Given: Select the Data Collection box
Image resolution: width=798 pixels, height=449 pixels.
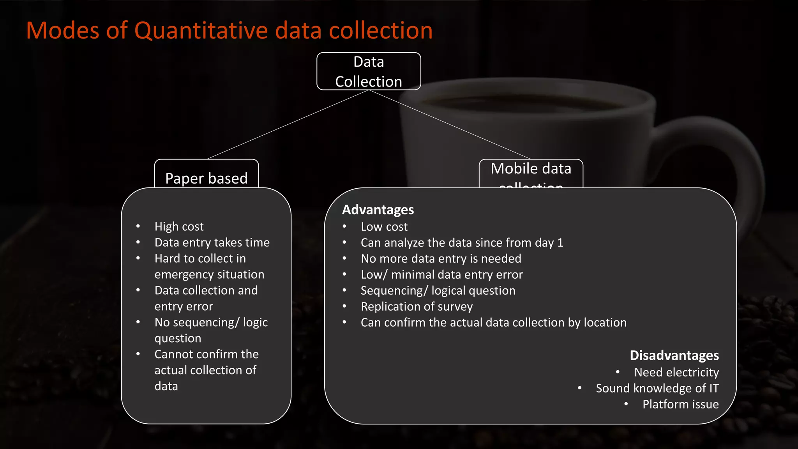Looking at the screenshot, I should point(369,71).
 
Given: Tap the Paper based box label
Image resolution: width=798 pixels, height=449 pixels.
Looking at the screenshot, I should point(206,178).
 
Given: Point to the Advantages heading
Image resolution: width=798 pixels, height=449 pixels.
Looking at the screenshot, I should point(378,210).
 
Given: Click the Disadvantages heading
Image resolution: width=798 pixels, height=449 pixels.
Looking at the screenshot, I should point(674,355).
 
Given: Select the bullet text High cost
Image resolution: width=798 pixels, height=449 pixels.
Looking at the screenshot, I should point(179,226).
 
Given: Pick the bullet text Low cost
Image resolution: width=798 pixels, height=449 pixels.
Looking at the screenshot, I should point(384,226).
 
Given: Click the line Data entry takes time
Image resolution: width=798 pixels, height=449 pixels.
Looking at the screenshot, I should point(212,242).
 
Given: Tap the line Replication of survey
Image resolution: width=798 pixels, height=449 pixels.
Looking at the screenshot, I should point(417,306).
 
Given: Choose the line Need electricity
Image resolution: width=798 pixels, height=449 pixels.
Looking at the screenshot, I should point(676,372).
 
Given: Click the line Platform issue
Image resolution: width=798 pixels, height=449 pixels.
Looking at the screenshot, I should point(680,404).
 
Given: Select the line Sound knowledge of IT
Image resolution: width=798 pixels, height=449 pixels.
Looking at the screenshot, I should point(657,388).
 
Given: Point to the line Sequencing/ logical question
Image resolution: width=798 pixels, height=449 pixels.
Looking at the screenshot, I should point(438,290).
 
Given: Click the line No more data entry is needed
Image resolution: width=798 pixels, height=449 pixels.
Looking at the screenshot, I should point(441,258).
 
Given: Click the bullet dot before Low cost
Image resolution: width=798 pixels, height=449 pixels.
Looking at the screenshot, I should point(344,226).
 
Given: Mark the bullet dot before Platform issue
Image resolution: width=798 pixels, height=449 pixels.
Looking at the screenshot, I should point(626,404).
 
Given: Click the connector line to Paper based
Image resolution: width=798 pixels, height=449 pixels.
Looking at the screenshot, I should point(288,124).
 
